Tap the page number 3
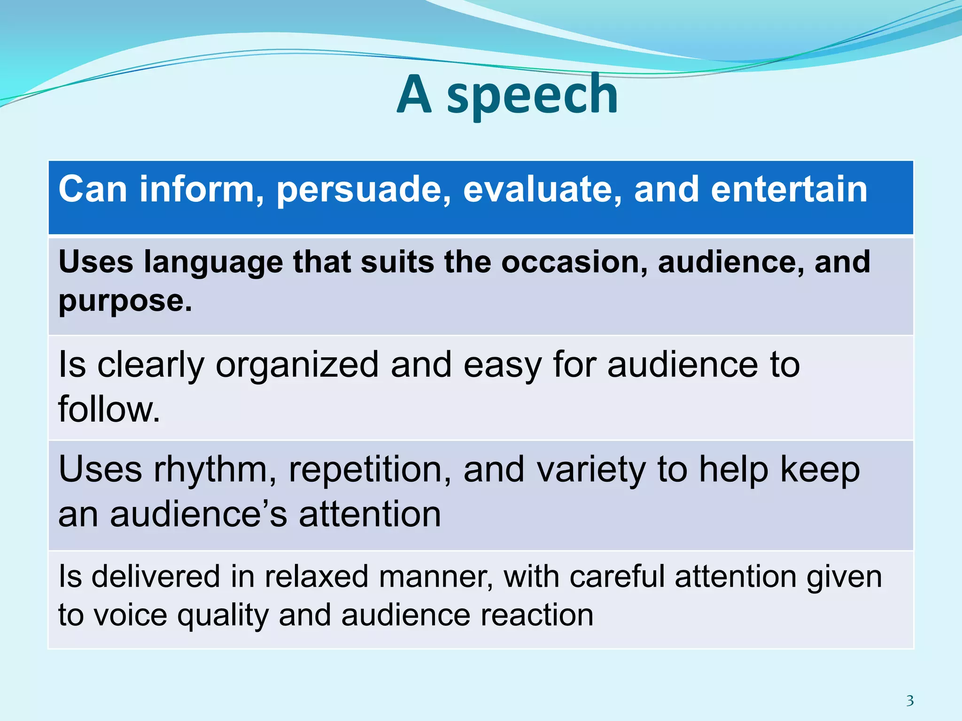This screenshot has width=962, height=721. point(910,700)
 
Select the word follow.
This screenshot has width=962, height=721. point(109,409)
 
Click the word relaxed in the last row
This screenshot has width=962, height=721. point(316,577)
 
